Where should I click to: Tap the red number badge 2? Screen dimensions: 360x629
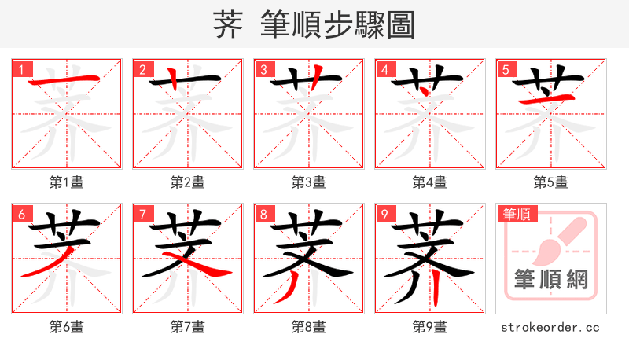[x=142, y=69]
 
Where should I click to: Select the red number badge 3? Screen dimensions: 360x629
[x=263, y=69]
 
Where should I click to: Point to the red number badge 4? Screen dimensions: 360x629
[x=384, y=69]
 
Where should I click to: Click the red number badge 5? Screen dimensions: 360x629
[x=505, y=69]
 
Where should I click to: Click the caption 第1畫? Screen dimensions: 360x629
[x=66, y=182]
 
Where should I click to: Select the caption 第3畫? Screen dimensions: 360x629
[x=308, y=182]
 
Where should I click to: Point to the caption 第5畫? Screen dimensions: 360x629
[x=550, y=182]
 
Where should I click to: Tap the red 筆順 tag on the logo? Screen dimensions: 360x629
[x=516, y=213]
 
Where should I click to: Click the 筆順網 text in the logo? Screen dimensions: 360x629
[x=550, y=280]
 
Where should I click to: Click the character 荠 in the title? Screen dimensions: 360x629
[x=229, y=25]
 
